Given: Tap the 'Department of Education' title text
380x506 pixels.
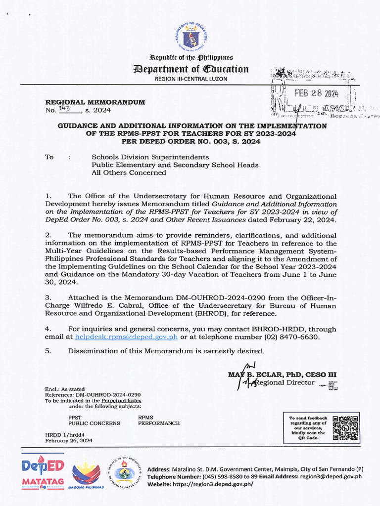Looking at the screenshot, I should click(x=190, y=69).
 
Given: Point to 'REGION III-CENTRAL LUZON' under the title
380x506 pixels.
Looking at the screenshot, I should click(x=190, y=79).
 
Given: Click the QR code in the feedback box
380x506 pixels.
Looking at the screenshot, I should click(x=346, y=428).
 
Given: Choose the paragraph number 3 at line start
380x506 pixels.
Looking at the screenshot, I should click(x=47, y=298).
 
